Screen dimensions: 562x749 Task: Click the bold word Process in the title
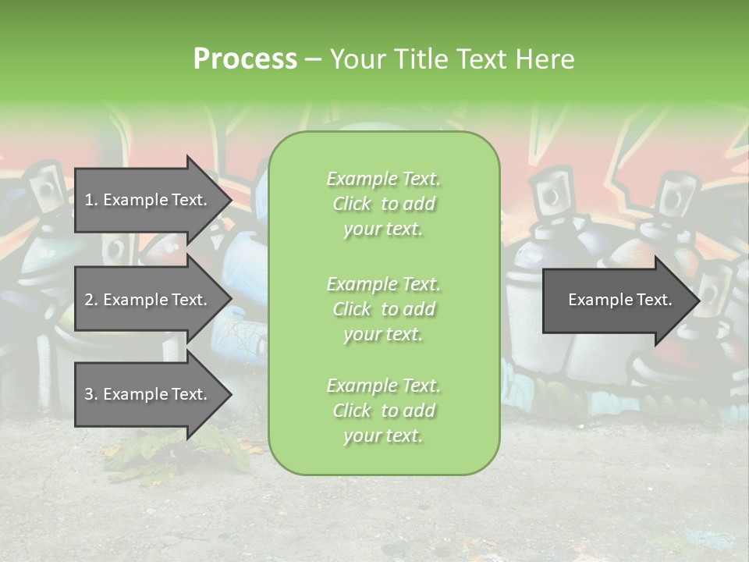click(245, 59)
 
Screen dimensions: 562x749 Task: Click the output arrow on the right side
click(616, 300)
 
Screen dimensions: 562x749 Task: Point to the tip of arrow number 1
click(230, 200)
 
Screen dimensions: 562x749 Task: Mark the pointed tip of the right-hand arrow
click(699, 300)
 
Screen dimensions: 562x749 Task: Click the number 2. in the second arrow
click(91, 300)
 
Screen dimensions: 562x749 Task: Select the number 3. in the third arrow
click(91, 394)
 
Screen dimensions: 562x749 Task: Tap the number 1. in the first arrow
click(91, 200)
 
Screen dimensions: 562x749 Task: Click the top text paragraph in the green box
click(383, 204)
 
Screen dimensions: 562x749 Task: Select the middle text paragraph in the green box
click(383, 309)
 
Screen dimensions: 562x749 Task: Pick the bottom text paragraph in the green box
click(383, 411)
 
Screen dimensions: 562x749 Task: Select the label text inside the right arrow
click(619, 300)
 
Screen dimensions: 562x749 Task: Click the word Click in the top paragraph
click(352, 204)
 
